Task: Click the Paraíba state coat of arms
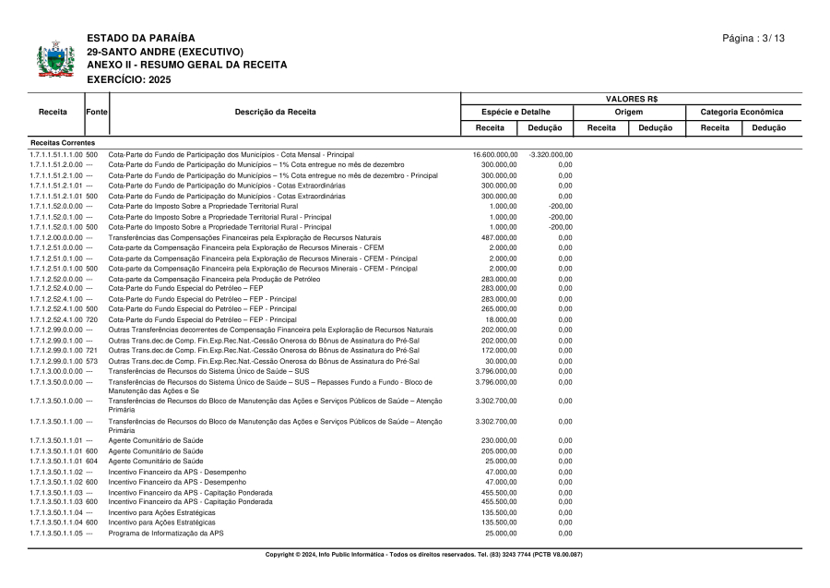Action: click(55, 58)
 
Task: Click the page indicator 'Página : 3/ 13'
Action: click(753, 38)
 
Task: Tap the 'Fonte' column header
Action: click(97, 112)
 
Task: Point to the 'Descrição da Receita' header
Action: click(275, 112)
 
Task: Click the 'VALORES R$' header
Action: click(631, 99)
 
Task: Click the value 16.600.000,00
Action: click(495, 154)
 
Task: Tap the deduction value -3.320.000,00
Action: click(551, 154)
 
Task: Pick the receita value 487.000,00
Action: click(499, 237)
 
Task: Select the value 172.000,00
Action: click(499, 350)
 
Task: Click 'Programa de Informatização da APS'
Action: click(166, 533)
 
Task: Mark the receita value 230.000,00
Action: click(499, 440)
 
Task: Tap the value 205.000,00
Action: click(499, 450)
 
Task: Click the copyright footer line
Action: click(423, 555)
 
